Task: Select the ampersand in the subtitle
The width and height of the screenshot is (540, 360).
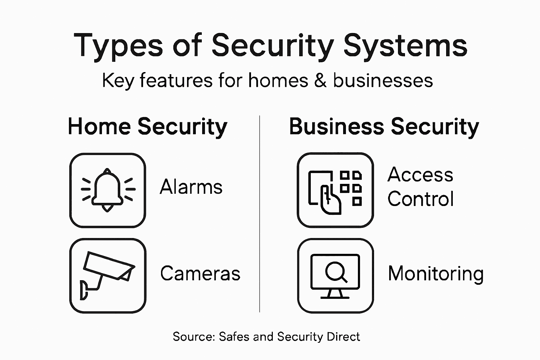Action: pyautogui.click(x=320, y=81)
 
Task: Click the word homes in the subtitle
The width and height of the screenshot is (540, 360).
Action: pyautogui.click(x=278, y=81)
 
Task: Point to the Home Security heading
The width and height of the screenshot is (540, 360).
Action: pyautogui.click(x=148, y=127)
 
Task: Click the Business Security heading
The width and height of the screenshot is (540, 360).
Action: pyautogui.click(x=384, y=127)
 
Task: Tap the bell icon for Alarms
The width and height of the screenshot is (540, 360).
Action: pyautogui.click(x=108, y=190)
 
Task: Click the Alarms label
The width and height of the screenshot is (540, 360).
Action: pyautogui.click(x=191, y=187)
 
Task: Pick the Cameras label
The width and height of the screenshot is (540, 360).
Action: pyautogui.click(x=200, y=274)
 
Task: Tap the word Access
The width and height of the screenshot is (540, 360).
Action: pyautogui.click(x=420, y=175)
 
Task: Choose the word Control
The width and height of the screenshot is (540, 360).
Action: pyautogui.click(x=420, y=199)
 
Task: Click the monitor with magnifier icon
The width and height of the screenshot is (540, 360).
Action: pyautogui.click(x=335, y=276)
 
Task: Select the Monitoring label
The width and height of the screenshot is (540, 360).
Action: pyautogui.click(x=436, y=274)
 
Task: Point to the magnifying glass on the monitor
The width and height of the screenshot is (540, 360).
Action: pyautogui.click(x=335, y=271)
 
